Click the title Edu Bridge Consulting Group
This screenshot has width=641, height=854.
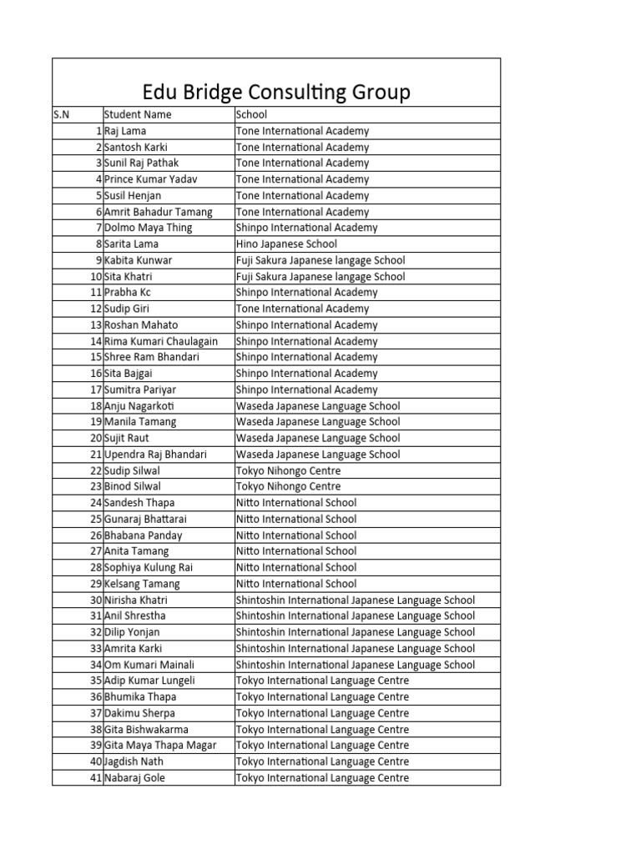pyautogui.click(x=275, y=92)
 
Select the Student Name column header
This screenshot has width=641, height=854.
pyautogui.click(x=137, y=115)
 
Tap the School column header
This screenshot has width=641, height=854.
pyautogui.click(x=251, y=115)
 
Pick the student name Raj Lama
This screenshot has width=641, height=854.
pyautogui.click(x=125, y=131)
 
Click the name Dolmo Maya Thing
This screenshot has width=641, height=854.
pyautogui.click(x=149, y=228)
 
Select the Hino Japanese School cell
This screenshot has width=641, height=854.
pyautogui.click(x=286, y=244)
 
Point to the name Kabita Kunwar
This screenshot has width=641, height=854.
pyautogui.click(x=139, y=260)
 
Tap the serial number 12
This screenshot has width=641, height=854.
pyautogui.click(x=96, y=309)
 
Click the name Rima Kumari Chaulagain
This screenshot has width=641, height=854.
pyautogui.click(x=161, y=341)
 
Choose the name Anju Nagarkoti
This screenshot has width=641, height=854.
pyautogui.click(x=139, y=406)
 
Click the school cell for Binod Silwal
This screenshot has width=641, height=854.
pyautogui.click(x=288, y=486)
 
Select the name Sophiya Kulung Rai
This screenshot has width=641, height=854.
pyautogui.click(x=149, y=567)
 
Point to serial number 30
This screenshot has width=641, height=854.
pyautogui.click(x=96, y=600)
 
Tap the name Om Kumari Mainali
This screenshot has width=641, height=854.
pyautogui.click(x=149, y=665)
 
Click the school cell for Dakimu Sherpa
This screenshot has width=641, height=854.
pyautogui.click(x=322, y=713)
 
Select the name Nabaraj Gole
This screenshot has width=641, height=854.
pyautogui.click(x=135, y=778)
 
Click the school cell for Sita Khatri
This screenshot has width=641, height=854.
pyautogui.click(x=320, y=276)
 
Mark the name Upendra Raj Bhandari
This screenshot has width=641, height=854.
pyautogui.click(x=156, y=455)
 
